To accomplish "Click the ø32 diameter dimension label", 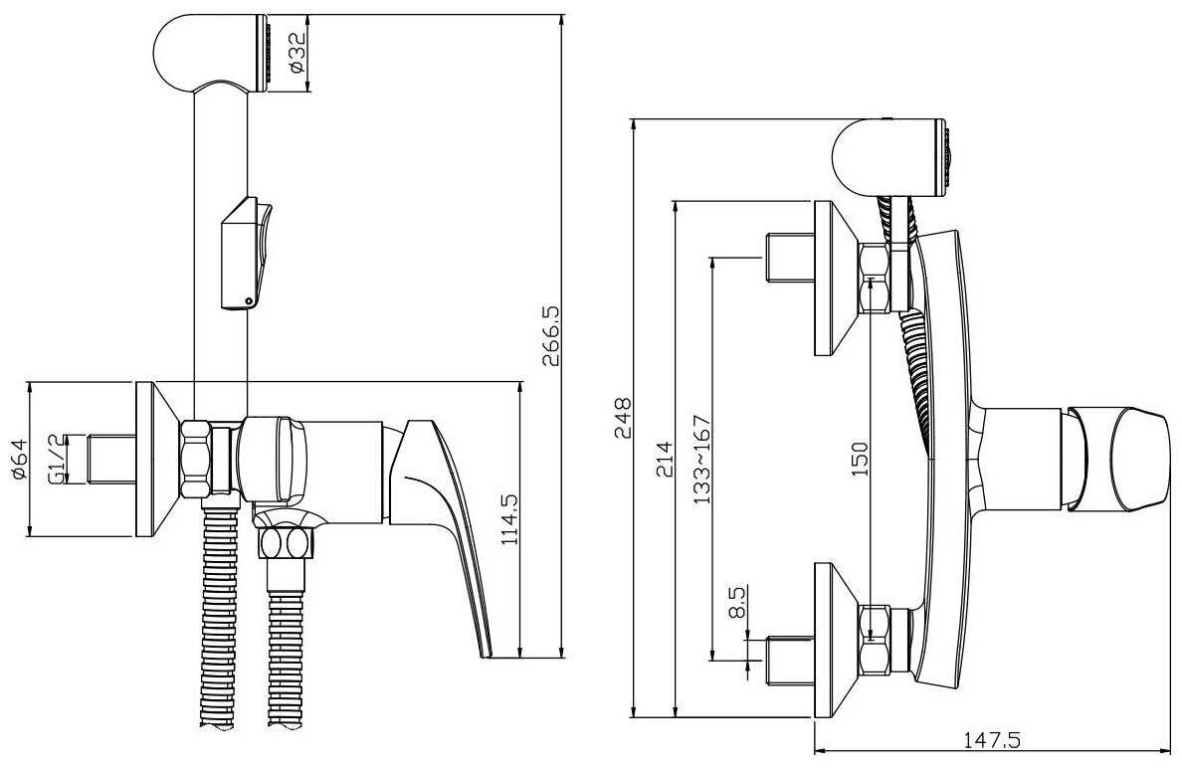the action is pyautogui.click(x=296, y=54).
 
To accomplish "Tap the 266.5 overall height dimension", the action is pyautogui.click(x=551, y=336).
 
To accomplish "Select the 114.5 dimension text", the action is pyautogui.click(x=509, y=519).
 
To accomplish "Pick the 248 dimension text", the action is pyautogui.click(x=623, y=417).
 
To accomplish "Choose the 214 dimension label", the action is pyautogui.click(x=664, y=459).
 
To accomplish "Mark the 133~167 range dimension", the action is pyautogui.click(x=701, y=459).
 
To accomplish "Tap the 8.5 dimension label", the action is pyautogui.click(x=738, y=603).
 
